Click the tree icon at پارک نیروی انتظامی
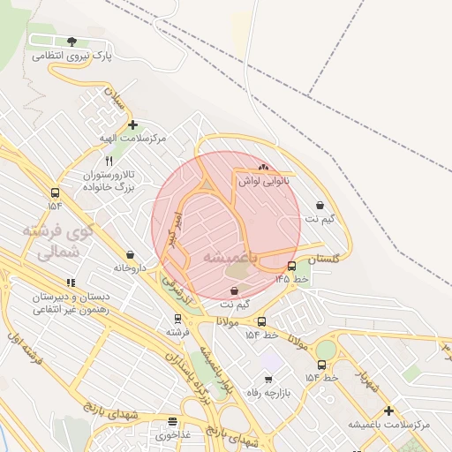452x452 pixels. point(72,41)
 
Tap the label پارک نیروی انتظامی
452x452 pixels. point(72,55)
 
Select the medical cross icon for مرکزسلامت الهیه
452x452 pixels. point(132,125)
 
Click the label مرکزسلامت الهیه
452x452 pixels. point(132,139)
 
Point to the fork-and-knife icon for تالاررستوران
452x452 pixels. point(109,162)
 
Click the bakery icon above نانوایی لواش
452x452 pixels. point(262,167)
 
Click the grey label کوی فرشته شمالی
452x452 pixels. point(50,241)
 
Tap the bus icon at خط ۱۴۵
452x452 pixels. point(291,267)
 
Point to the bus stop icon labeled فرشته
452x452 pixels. point(178,319)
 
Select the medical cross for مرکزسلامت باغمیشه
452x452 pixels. point(388,411)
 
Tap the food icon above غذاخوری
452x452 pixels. point(172,422)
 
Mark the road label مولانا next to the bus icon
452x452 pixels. point(228,324)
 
